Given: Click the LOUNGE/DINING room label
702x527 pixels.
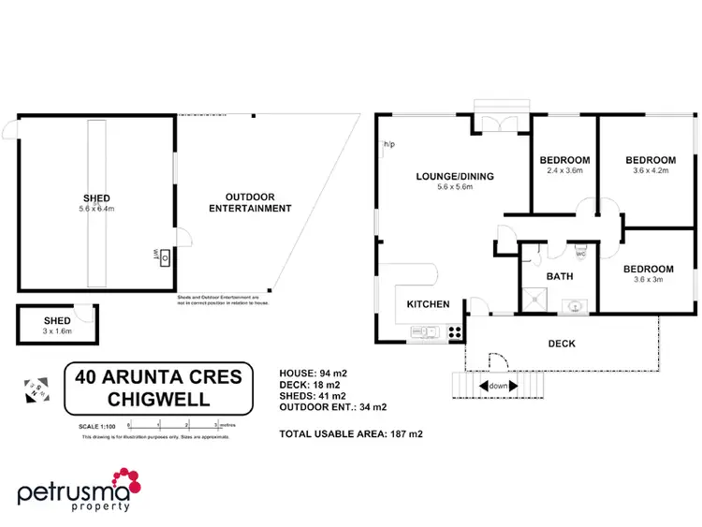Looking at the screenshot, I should (x=455, y=176).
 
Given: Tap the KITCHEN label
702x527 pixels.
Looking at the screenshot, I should (x=428, y=304).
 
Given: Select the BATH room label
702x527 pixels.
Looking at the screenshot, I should (x=560, y=276).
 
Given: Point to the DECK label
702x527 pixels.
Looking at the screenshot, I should (x=562, y=344).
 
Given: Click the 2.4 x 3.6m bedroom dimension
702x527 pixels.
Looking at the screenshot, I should (x=564, y=171).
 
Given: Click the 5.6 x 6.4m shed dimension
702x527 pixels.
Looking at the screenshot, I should (x=96, y=209).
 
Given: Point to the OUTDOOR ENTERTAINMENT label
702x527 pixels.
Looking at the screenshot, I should (x=251, y=202).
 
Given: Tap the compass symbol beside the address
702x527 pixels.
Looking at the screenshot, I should (x=36, y=386).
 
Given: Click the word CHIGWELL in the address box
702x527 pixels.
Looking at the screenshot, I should (x=157, y=400).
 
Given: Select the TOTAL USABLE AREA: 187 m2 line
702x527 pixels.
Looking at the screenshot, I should (x=351, y=434).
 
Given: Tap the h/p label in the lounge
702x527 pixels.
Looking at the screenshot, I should (x=388, y=145).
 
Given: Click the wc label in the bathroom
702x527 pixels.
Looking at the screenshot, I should (x=580, y=254).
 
